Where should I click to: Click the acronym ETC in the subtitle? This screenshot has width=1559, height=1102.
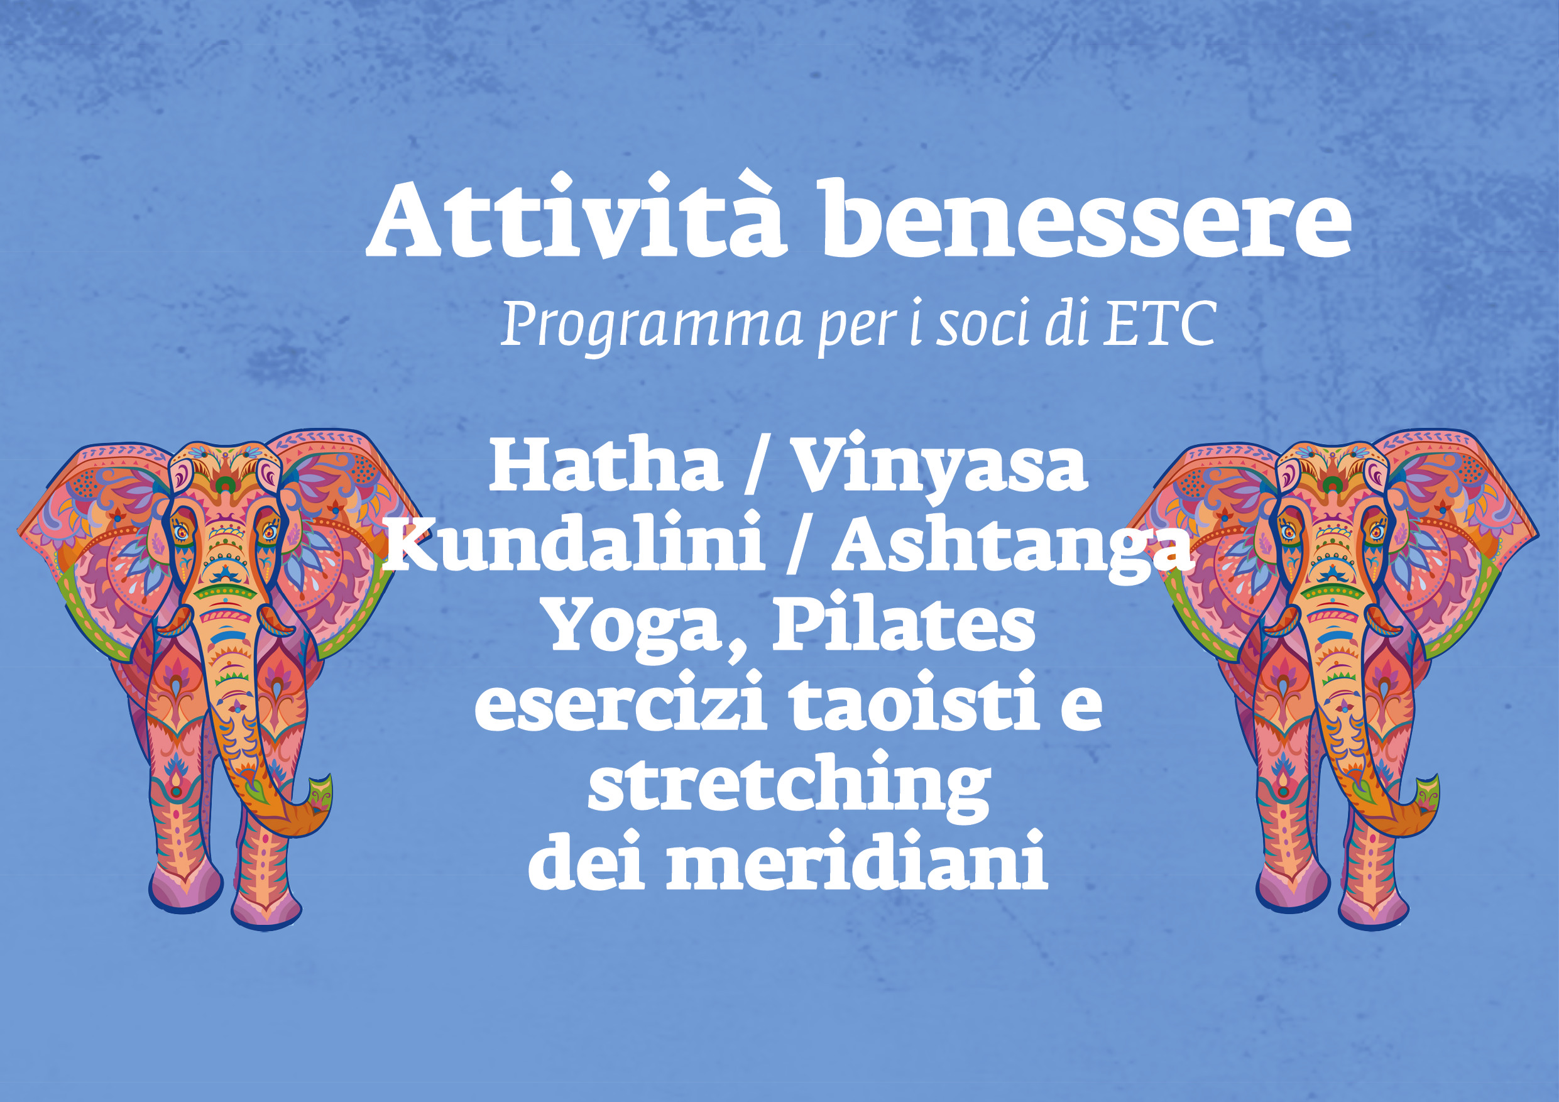click(x=1158, y=322)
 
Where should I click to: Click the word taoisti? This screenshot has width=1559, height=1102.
click(x=916, y=701)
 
